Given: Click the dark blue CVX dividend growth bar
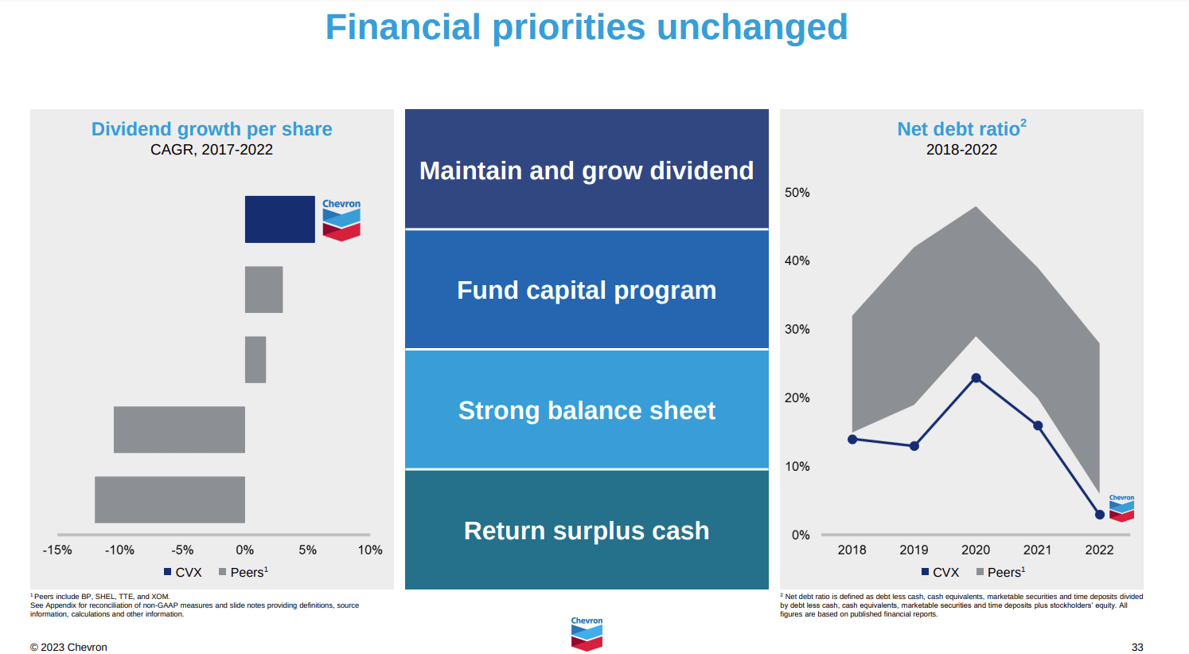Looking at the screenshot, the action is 279,219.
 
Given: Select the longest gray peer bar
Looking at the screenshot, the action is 170,500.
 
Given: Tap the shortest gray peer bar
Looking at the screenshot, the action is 255,360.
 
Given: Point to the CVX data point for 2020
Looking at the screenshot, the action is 976,378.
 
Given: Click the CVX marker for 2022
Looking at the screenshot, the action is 1099,515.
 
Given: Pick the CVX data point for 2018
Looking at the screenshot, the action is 852,440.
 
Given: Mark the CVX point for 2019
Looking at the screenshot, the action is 914,446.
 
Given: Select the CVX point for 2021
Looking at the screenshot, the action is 1038,425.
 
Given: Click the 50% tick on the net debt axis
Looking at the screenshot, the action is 797,192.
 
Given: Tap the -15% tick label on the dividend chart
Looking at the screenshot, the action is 57,550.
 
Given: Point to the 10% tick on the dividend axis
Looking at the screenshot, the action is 370,550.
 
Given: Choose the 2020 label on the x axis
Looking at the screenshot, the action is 976,550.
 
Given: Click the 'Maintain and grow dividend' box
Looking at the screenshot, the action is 587,169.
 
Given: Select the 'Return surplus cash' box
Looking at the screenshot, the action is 587,531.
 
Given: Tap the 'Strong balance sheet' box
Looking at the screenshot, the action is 587,409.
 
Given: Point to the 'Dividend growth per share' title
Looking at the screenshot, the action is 212,129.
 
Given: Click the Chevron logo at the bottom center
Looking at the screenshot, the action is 587,634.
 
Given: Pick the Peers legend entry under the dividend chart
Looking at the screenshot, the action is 244,572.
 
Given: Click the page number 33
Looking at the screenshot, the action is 1137,647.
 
